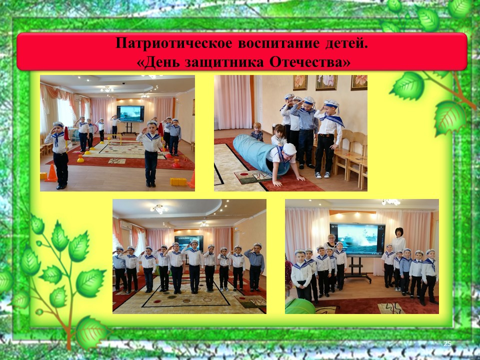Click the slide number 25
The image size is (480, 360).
(447, 343)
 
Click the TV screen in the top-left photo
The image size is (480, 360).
(130, 114)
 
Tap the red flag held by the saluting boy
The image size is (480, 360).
(66, 134)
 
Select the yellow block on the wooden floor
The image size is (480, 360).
(178, 182)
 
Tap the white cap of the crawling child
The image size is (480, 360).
(289, 149)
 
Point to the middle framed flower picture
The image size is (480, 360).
(326, 82)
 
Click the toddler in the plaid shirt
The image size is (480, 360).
(256, 132)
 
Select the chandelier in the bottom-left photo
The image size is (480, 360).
(159, 209)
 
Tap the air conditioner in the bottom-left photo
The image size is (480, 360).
(126, 225)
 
